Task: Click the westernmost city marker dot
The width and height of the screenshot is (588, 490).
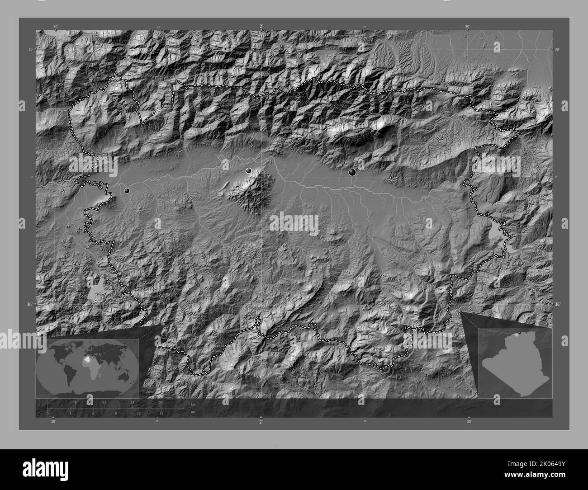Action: pos(127,191)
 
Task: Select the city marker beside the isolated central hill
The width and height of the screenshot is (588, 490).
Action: pos(248,170)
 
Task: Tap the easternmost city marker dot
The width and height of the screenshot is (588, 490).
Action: pos(352,172)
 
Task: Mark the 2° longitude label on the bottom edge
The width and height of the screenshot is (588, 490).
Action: pos(261,422)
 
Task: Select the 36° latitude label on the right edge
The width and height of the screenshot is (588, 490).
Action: pos(557,305)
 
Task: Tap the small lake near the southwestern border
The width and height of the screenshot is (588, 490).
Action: pos(95,293)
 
